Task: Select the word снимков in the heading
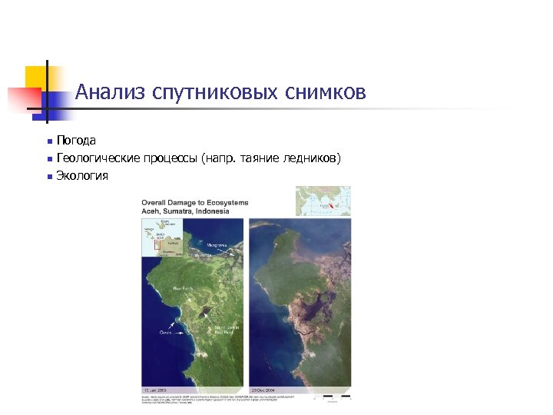click(x=326, y=93)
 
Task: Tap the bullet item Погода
click(x=76, y=141)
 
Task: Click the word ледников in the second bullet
click(x=311, y=158)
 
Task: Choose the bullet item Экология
click(x=82, y=176)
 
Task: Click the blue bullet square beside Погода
click(x=48, y=141)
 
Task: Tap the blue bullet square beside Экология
click(x=48, y=177)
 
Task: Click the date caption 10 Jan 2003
click(x=154, y=391)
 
